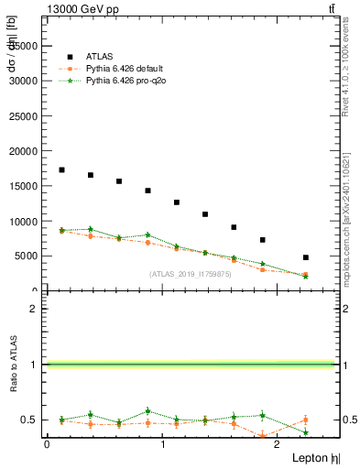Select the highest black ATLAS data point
pos(61,169)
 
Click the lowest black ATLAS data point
pos(305,257)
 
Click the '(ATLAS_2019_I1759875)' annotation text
pos(191,273)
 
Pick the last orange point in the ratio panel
pos(305,420)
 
